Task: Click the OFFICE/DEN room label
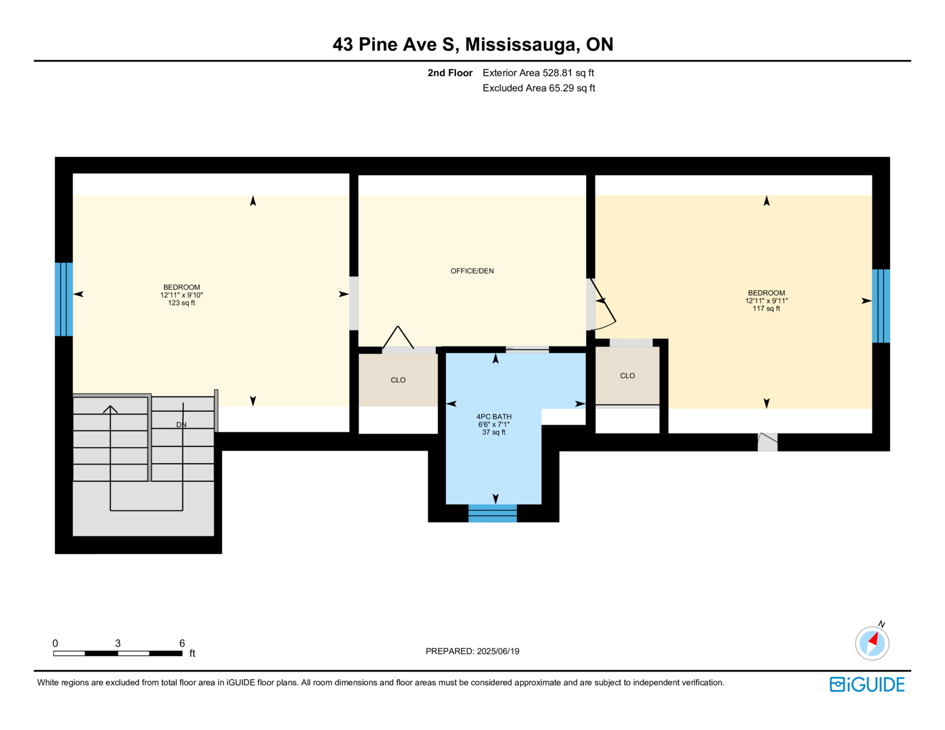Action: [x=472, y=271]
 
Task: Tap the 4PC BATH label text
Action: [x=494, y=416]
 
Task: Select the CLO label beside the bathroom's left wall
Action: [x=398, y=380]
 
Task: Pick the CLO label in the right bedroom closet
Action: [x=627, y=376]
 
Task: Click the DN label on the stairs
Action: [x=181, y=424]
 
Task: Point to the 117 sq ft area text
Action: [x=766, y=308]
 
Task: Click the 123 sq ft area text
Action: [x=181, y=302]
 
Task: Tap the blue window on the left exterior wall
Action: [x=64, y=299]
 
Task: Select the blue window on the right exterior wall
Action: [x=881, y=306]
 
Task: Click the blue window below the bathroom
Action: [x=493, y=513]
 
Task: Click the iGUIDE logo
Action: [x=866, y=685]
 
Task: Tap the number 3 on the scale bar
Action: [x=118, y=643]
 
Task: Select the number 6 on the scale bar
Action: [x=183, y=643]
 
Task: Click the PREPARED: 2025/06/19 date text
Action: [x=472, y=651]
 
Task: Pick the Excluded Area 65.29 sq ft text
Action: [x=539, y=88]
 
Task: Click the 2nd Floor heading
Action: [x=449, y=73]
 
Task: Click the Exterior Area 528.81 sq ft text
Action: [x=538, y=73]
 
